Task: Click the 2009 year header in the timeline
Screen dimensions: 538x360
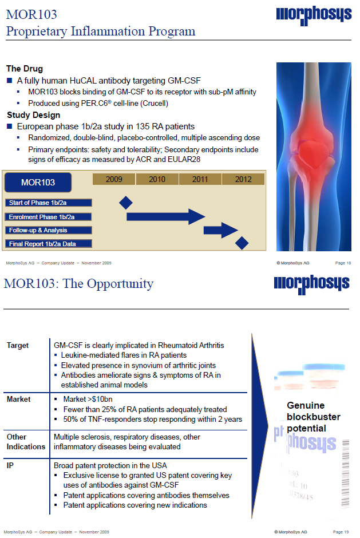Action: [x=114, y=180]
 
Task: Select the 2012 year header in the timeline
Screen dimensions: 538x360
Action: [x=243, y=180]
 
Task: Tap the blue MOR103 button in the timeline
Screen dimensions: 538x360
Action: [x=38, y=183]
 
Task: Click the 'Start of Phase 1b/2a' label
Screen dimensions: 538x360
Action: [x=48, y=203]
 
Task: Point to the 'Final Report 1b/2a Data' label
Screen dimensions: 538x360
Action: [x=48, y=244]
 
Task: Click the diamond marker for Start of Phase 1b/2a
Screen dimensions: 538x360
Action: [x=126, y=203]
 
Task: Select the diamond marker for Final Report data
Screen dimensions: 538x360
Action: [x=242, y=243]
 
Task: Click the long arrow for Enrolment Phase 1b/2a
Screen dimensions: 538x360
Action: [x=165, y=216]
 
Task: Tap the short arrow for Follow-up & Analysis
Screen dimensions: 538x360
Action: [x=221, y=230]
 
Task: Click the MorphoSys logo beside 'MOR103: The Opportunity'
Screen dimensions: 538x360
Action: [x=311, y=283]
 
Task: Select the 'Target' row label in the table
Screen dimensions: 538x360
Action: [x=18, y=346]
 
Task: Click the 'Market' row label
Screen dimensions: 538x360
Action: [x=19, y=399]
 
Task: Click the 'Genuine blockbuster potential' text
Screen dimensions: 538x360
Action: [x=313, y=417]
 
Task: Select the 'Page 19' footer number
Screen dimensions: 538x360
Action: [x=341, y=532]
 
